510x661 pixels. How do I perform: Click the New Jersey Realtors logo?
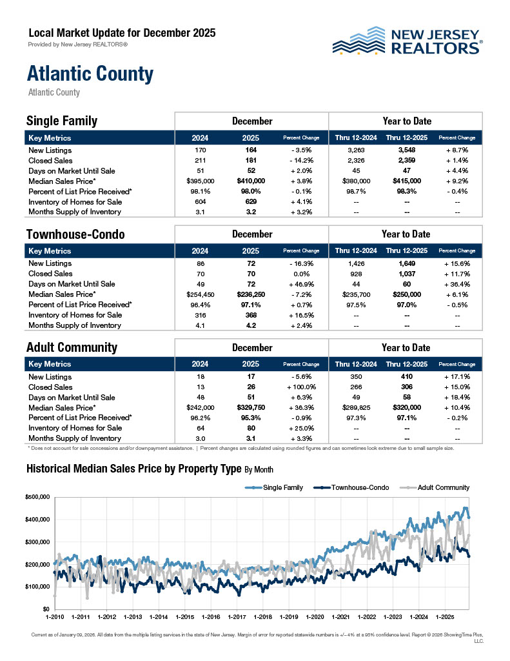pyautogui.click(x=407, y=40)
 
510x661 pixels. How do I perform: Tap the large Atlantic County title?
pyautogui.click(x=90, y=74)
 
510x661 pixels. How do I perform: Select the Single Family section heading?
pyautogui.click(x=62, y=121)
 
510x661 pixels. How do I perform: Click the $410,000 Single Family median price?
pyautogui.click(x=250, y=181)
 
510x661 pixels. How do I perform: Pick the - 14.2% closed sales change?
pyautogui.click(x=301, y=160)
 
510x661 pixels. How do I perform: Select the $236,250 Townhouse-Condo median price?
pyautogui.click(x=250, y=294)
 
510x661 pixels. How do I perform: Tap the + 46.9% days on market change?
pyautogui.click(x=301, y=284)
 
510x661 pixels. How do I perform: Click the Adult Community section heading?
pyautogui.click(x=72, y=347)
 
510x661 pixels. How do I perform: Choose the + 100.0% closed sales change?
pyautogui.click(x=301, y=387)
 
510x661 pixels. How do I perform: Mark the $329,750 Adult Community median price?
pyautogui.click(x=250, y=408)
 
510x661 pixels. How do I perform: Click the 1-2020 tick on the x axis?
pyautogui.click(x=315, y=616)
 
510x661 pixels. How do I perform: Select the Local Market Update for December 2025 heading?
pyautogui.click(x=122, y=32)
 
